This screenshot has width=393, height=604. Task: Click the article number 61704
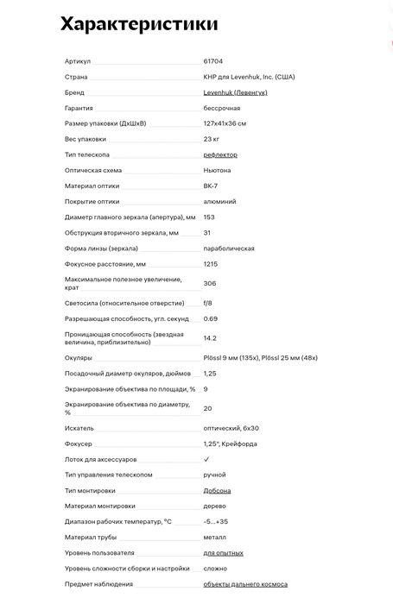pos(212,61)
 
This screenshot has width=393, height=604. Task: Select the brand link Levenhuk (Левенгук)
pos(236,92)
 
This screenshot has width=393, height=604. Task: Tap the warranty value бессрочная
pos(222,108)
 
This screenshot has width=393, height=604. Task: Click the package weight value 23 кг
pos(211,139)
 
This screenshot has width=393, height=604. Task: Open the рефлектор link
pos(220,154)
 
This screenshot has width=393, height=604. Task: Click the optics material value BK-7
pos(210,186)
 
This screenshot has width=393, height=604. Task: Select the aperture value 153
pos(208,217)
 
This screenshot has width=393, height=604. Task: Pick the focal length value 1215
pos(210,263)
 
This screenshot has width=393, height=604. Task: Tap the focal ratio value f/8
pos(207,304)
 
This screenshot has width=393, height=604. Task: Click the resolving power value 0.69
pos(210,319)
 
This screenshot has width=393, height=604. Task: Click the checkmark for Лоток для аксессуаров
pos(206,459)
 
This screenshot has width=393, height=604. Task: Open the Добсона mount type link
pos(217,490)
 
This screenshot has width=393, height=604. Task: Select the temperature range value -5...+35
pos(216,521)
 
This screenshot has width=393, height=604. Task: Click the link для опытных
pos(223,552)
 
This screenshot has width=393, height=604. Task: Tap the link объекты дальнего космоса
pos(245,584)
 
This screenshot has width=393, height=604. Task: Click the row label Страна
pos(76,77)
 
